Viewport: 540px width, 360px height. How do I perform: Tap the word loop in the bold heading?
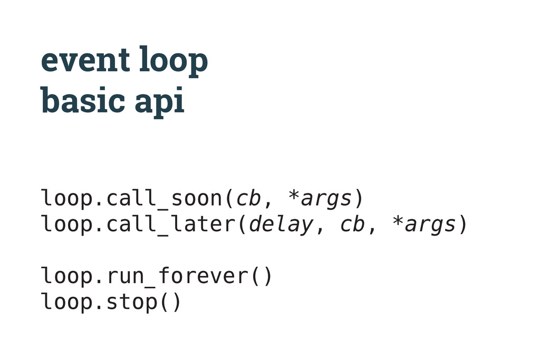173,61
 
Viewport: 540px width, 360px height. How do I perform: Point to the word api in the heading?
159,101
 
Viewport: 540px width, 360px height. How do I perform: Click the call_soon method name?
165,199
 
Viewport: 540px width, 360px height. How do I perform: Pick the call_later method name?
171,225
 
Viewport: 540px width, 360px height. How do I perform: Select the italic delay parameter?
281,225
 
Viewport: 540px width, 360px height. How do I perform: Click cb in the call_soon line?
248,199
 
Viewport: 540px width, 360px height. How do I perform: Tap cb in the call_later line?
352,225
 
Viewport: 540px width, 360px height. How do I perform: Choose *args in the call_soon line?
320,199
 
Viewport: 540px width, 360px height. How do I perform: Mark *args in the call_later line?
423,225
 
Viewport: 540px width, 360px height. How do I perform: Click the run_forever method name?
177,276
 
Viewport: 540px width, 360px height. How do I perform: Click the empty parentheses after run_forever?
262,276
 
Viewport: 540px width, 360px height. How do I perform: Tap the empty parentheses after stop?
170,302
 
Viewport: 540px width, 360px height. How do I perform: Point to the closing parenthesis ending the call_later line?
462,225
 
